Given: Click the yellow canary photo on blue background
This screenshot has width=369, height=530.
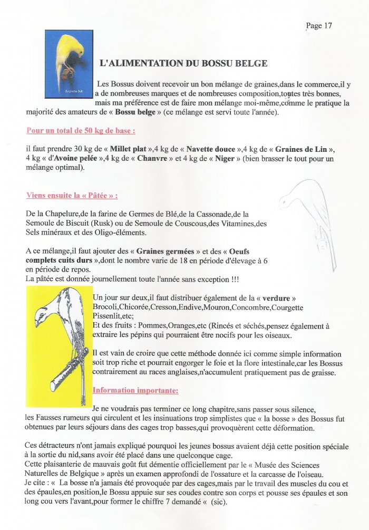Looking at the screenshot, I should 69,63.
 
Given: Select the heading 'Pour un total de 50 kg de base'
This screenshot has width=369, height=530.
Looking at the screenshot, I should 81,130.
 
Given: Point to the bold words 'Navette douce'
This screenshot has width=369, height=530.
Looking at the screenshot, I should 210,149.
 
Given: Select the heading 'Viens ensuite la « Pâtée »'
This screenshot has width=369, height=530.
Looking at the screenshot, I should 72,195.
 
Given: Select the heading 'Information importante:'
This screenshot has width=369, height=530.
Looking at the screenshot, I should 135,391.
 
